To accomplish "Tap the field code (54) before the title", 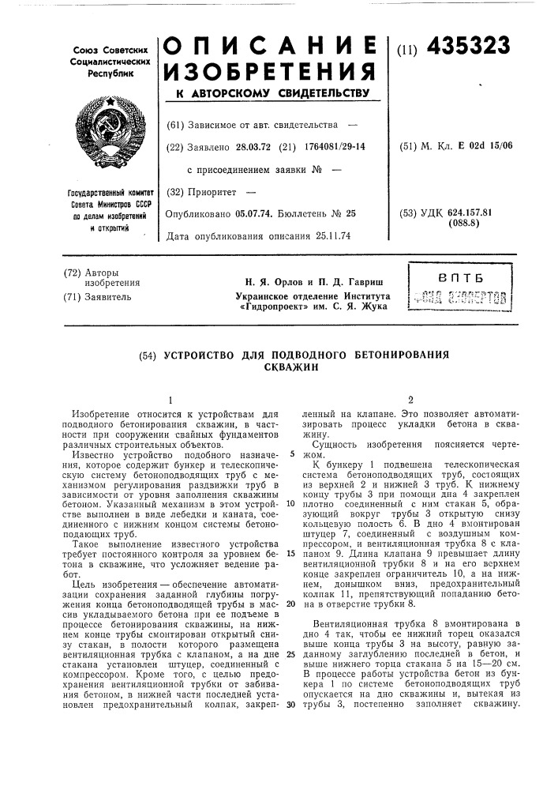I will [x=147, y=355].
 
